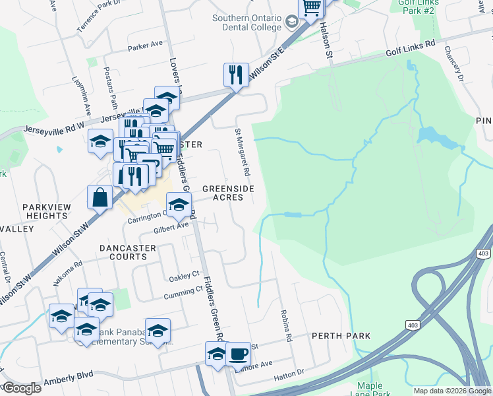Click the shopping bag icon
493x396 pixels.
[x=99, y=196]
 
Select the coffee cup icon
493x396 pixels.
[x=238, y=353]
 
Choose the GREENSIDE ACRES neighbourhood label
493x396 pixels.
[x=228, y=193]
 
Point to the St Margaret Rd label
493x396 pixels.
[x=241, y=152]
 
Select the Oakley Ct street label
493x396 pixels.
[x=184, y=275]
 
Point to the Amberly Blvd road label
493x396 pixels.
[x=68, y=381]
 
